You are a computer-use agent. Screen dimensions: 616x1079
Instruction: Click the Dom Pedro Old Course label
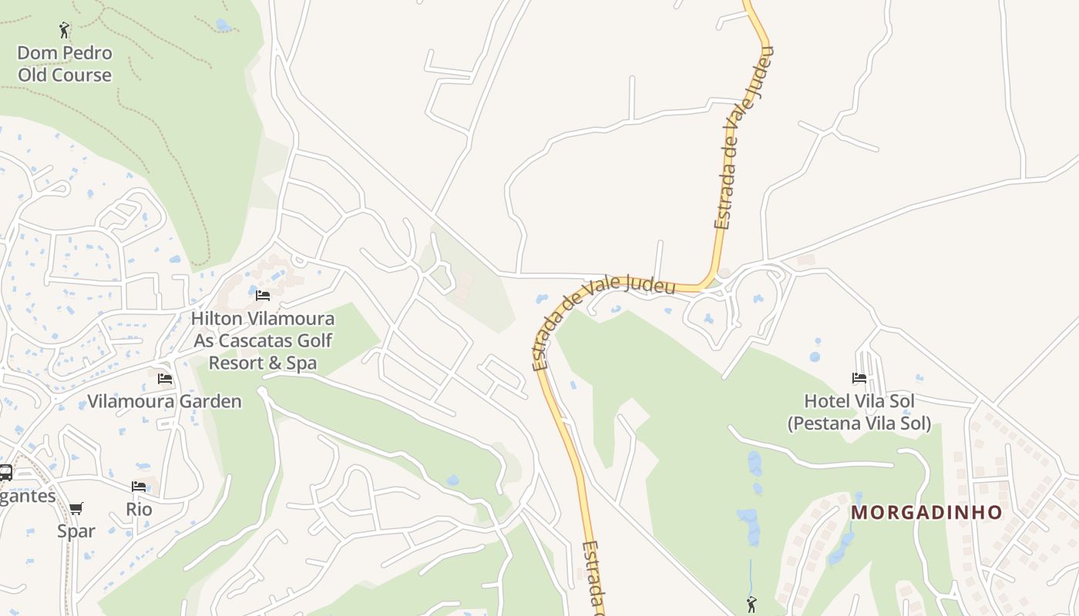click(65, 64)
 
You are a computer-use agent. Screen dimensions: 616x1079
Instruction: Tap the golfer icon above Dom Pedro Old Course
click(65, 30)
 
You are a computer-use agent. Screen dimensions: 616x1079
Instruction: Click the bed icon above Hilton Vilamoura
click(263, 295)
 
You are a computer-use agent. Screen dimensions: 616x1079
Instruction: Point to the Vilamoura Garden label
click(164, 401)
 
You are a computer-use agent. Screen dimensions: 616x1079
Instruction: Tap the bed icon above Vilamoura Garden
click(164, 378)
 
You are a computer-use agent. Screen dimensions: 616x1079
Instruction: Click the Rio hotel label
click(139, 509)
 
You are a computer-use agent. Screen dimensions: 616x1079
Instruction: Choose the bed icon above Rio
click(139, 486)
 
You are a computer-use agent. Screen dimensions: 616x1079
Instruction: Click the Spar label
click(76, 531)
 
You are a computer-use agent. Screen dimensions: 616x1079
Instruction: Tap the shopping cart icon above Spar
click(76, 508)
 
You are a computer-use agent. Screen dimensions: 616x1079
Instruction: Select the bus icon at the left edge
click(5, 473)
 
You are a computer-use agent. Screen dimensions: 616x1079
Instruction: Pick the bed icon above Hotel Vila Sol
click(859, 377)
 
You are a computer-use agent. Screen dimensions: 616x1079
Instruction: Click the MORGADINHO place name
click(926, 512)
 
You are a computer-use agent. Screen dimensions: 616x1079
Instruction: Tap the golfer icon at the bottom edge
click(751, 604)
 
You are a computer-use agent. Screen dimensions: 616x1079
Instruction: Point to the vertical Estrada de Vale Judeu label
click(743, 139)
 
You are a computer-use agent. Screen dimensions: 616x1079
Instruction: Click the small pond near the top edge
click(224, 25)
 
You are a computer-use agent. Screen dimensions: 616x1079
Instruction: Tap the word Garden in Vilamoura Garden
click(211, 401)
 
